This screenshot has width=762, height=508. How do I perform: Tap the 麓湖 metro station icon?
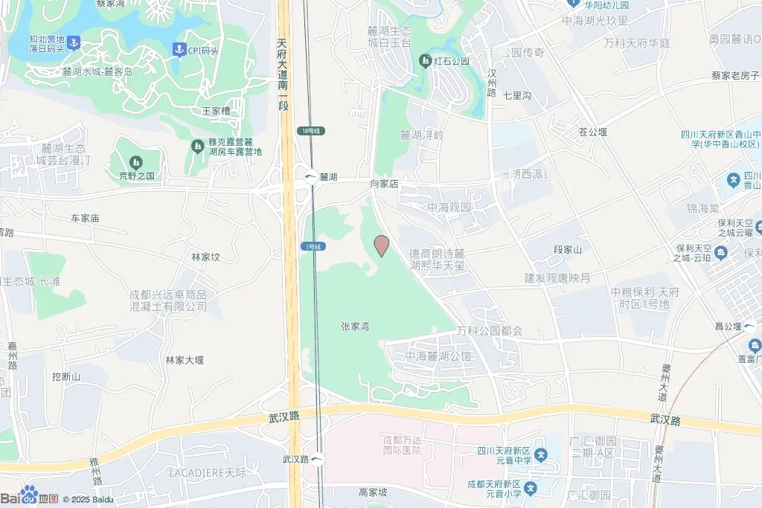pyautogui.click(x=310, y=177)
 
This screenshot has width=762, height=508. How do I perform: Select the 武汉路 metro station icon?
pyautogui.click(x=318, y=459)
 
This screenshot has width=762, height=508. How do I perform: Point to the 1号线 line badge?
pyautogui.click(x=312, y=246)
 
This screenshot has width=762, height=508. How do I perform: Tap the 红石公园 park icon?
pyautogui.click(x=425, y=61)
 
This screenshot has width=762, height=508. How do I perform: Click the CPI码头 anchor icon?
pyautogui.click(x=179, y=50)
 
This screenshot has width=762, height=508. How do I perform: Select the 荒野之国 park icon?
pyautogui.click(x=135, y=162)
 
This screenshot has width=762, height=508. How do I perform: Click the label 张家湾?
pyautogui.click(x=355, y=326)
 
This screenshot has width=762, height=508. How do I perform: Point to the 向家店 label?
pyautogui.click(x=385, y=183)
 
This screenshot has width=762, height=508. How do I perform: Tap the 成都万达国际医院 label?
pyautogui.click(x=402, y=445)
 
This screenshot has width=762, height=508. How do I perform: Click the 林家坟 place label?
pyautogui.click(x=206, y=257)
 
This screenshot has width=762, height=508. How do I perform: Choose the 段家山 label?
pyautogui.click(x=568, y=249)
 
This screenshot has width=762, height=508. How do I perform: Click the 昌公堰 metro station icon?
pyautogui.click(x=749, y=326)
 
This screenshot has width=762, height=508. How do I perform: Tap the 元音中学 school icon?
pyautogui.click(x=541, y=454)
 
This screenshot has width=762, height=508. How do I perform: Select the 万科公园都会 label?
pyautogui.click(x=490, y=330)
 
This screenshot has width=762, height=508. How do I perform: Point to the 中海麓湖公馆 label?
pyautogui.click(x=438, y=356)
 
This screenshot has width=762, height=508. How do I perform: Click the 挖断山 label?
pyautogui.click(x=66, y=377)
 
